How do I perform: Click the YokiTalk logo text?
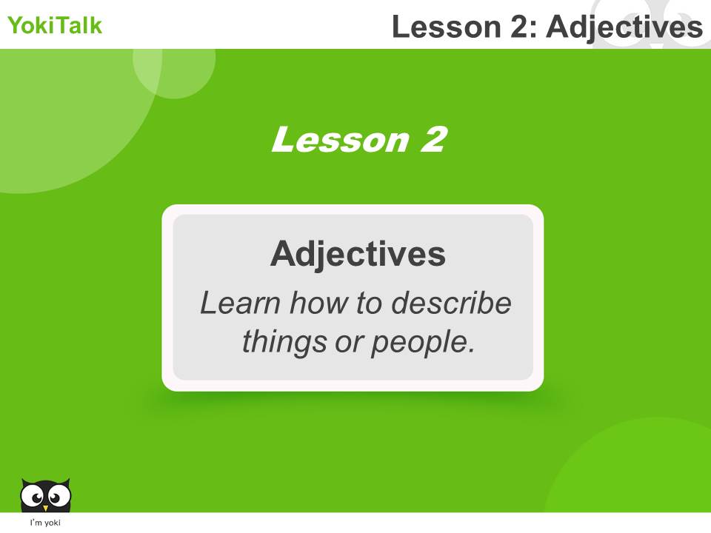55,26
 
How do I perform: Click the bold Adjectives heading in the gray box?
358,254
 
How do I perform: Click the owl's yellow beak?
46,508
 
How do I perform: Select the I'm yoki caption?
45,523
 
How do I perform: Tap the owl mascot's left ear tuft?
24,482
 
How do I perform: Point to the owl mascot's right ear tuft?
67,482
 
